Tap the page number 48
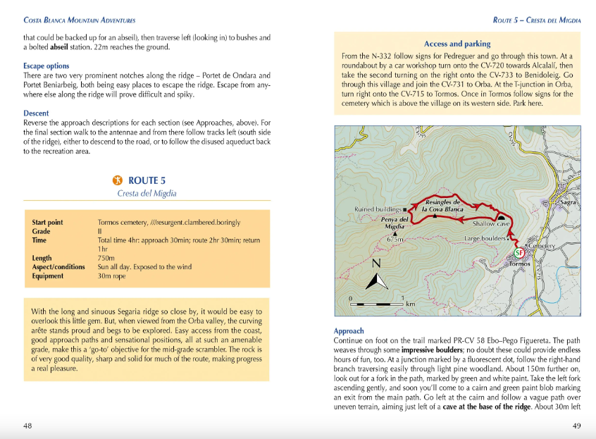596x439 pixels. [x=27, y=426]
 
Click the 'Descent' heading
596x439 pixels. [x=36, y=113]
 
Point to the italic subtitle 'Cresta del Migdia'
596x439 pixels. [x=147, y=193]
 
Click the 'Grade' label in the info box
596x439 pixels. [x=41, y=231]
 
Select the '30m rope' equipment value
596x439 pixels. [x=112, y=276]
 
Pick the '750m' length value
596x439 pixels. [x=106, y=258]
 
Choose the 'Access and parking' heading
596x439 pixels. [x=457, y=44]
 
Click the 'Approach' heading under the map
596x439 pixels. [x=349, y=330]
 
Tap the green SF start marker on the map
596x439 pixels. [x=519, y=252]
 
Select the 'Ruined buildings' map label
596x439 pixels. [x=378, y=209]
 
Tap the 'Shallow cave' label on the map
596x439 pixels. [x=491, y=224]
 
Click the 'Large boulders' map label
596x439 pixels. [x=485, y=239]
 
